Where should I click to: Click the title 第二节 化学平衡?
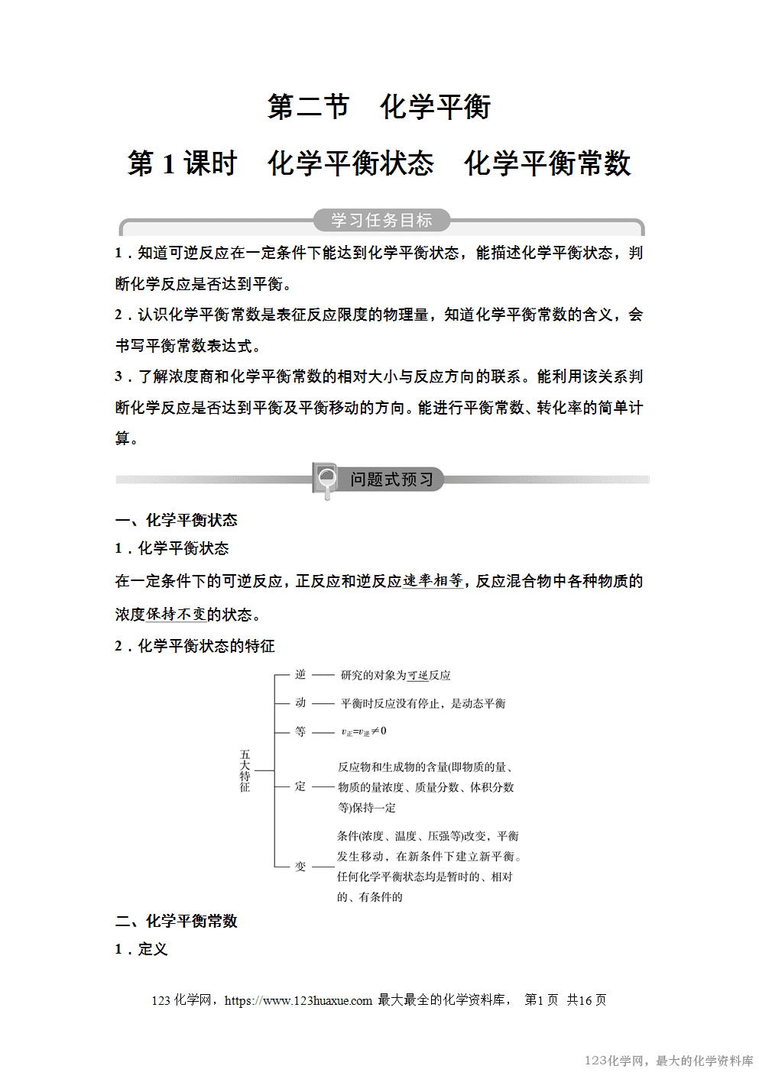(x=379, y=107)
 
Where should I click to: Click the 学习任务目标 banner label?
(x=381, y=221)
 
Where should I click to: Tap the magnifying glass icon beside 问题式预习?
(x=326, y=479)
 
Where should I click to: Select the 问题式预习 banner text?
(x=392, y=479)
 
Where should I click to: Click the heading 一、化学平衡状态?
(x=177, y=520)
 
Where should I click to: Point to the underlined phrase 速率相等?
(x=433, y=581)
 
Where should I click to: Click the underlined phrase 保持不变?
(x=176, y=615)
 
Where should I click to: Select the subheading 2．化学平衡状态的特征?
(x=195, y=646)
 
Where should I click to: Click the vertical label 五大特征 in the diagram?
(x=245, y=770)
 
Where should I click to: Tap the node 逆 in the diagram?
(x=300, y=674)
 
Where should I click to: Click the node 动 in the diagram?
(x=300, y=702)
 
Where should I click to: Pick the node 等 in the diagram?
(x=300, y=731)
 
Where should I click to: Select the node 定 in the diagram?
(x=300, y=786)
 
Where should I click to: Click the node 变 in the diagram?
(x=300, y=867)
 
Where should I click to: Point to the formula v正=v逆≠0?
(x=364, y=731)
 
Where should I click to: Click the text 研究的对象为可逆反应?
(x=395, y=675)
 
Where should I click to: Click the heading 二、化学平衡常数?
(x=177, y=921)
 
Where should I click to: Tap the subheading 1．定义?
(x=141, y=949)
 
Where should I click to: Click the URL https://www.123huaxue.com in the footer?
(x=298, y=1000)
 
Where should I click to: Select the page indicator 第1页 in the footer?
(x=541, y=1000)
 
